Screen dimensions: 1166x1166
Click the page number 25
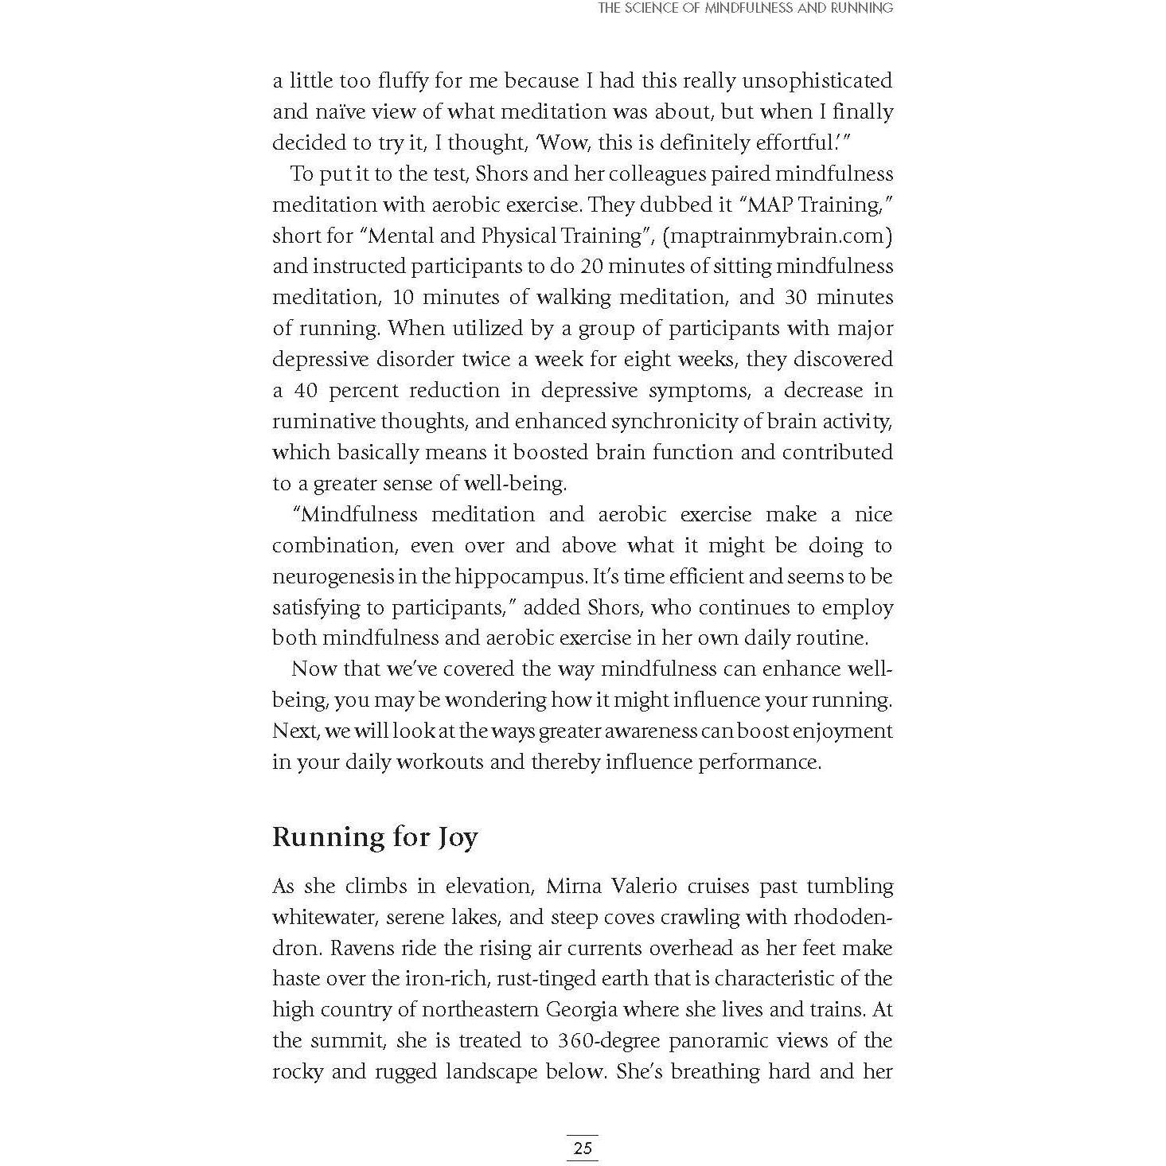click(582, 1148)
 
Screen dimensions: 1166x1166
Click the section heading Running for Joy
click(375, 836)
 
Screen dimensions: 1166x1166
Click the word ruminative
click(322, 421)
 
